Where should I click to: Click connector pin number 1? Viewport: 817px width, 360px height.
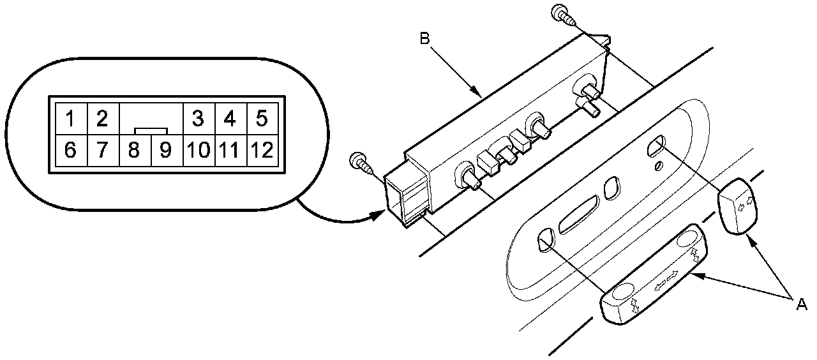71,118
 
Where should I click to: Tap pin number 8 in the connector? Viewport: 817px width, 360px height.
134,151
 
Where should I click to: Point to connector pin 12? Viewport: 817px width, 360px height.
262,151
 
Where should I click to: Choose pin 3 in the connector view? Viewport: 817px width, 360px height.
198,118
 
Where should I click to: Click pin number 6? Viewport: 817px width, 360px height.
71,151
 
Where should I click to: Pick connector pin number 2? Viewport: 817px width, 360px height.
102,118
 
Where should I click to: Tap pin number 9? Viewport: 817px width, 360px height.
165,151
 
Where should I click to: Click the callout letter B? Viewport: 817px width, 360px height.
426,38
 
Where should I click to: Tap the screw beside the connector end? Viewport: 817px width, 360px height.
360,161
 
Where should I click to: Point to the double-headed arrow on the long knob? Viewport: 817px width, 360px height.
666,278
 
